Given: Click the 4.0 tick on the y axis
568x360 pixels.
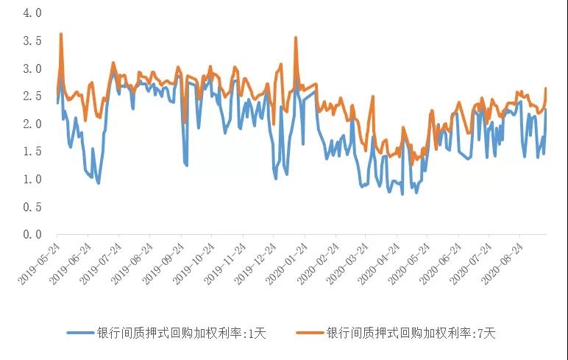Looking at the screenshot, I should pos(32,13).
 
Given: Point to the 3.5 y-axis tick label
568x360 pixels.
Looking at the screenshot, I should pos(32,41).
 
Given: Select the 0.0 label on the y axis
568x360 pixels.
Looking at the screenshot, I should pos(32,234).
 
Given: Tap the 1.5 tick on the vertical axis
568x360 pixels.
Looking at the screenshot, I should pos(32,152).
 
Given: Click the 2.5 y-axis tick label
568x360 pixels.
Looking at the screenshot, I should pos(32,96).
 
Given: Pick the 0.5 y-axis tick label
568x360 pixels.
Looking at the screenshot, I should pos(32,207).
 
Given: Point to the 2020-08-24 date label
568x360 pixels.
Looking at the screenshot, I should pos(503,261).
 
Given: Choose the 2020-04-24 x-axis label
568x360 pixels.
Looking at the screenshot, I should pos(380,261).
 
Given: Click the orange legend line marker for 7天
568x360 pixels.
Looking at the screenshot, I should pos(309,333).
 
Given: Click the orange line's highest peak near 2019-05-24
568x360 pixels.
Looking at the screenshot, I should pos(60,34).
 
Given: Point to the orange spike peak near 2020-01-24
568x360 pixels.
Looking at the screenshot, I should pos(296,38).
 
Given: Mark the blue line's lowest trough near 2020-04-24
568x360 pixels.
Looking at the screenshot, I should pos(402,194).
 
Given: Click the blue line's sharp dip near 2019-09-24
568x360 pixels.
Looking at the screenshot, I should pos(186,165).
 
